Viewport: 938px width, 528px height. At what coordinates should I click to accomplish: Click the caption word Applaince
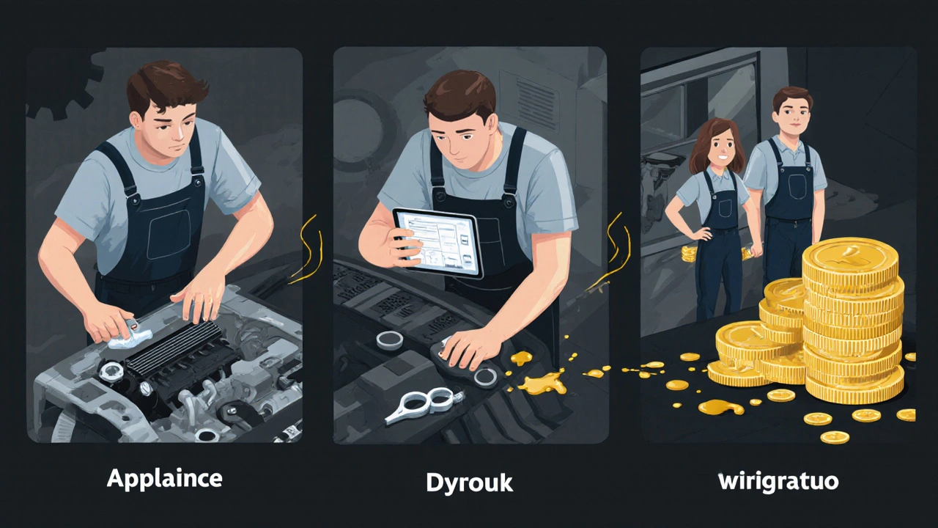(x=165, y=479)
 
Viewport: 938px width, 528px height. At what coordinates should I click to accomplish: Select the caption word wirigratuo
(x=778, y=482)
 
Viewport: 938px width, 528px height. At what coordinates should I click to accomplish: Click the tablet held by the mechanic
(x=438, y=243)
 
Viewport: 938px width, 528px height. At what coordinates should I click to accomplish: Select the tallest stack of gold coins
(x=852, y=320)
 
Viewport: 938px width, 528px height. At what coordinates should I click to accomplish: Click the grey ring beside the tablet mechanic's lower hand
(x=486, y=377)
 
